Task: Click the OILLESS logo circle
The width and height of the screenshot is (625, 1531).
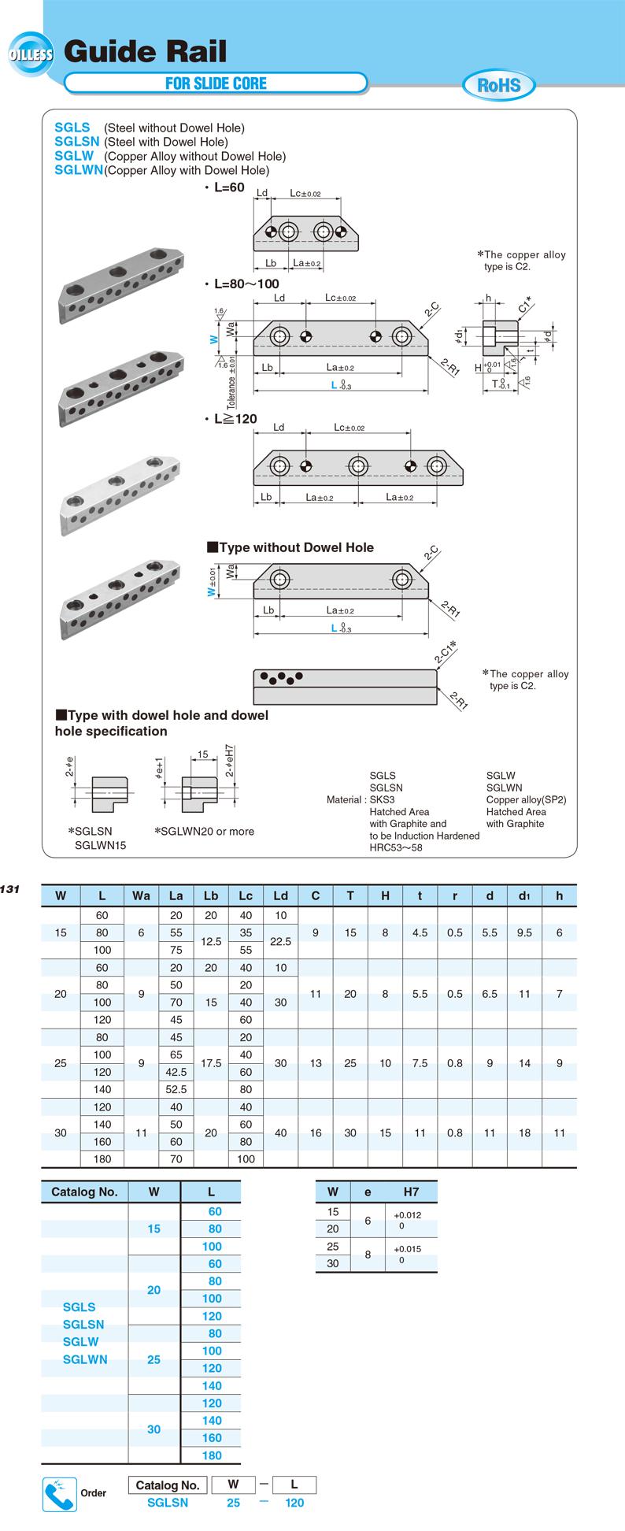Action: [31, 54]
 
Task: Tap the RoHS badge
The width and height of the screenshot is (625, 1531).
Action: [499, 85]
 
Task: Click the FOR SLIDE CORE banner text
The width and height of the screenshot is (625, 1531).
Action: [216, 83]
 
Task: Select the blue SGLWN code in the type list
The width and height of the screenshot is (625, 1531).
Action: [79, 170]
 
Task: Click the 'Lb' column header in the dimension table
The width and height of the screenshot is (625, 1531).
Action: [211, 895]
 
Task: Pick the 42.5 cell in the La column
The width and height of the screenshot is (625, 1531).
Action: [176, 1072]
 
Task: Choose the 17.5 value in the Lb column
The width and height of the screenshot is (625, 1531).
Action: [211, 1063]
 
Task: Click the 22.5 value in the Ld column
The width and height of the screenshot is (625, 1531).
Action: [281, 941]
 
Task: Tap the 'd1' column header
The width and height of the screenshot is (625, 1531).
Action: [524, 895]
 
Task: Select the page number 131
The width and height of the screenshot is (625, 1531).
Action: [10, 889]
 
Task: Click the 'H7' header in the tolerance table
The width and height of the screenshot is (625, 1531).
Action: [411, 1192]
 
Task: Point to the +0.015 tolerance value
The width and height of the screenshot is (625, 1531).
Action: [407, 1249]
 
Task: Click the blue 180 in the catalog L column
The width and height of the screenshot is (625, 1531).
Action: [212, 1455]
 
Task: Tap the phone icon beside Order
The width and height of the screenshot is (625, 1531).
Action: [59, 1494]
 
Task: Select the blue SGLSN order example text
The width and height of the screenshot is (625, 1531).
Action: [168, 1503]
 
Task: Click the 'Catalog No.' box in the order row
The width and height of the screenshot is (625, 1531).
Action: [168, 1485]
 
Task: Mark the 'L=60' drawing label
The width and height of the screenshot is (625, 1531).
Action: [229, 188]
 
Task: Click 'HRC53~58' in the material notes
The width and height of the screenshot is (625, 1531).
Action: [396, 847]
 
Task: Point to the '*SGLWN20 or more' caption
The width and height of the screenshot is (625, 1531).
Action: [205, 832]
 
